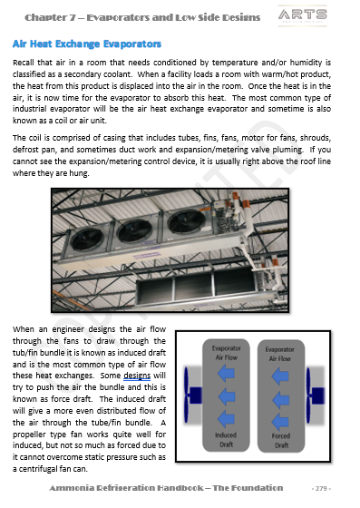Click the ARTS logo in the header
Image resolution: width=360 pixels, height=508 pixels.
302,15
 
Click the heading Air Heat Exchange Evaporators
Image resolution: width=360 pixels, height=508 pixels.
87,44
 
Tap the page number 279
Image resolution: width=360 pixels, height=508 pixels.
321,488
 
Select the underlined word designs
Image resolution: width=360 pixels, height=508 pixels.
137,376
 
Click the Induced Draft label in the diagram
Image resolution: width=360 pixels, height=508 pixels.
226,440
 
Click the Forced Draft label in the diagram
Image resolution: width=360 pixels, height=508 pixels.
281,441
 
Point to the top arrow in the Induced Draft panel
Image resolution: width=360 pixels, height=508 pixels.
226,373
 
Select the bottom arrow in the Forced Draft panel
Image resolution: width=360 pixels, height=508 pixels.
280,422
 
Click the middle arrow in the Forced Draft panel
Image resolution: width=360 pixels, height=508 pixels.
280,400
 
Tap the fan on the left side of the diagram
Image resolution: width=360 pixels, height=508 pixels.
192,396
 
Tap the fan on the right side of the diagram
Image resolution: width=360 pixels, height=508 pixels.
315,396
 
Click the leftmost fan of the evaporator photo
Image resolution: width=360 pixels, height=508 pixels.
87,239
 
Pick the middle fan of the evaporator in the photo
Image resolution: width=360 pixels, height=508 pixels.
134,231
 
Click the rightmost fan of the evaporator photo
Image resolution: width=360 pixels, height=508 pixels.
187,221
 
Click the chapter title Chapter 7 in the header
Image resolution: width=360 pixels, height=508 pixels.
50,17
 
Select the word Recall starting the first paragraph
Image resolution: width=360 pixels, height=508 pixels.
23,63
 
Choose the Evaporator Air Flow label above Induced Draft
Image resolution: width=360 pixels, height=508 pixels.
227,353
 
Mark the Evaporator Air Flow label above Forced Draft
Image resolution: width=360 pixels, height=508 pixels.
279,354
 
